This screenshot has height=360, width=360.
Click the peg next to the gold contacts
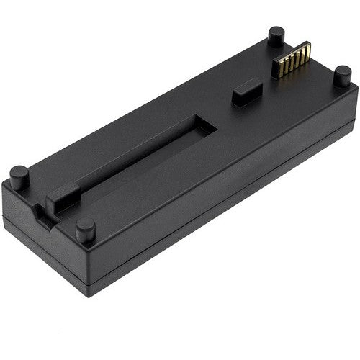[x=276, y=36]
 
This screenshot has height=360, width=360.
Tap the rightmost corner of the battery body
[x=356, y=91]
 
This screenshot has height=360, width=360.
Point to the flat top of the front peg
[x=86, y=223]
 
